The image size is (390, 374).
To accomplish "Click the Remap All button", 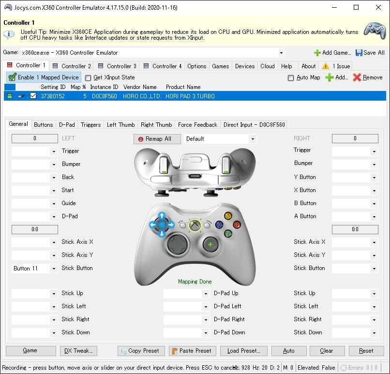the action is click(x=157, y=139).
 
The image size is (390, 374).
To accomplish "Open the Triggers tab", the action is click(x=91, y=124).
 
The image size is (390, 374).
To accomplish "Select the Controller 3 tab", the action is click(x=118, y=66).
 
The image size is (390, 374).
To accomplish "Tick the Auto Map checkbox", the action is click(x=290, y=78).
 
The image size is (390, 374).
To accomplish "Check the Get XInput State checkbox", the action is click(x=88, y=78).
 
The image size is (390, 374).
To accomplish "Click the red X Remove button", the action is click(x=368, y=77).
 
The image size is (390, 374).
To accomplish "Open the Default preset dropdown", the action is click(x=220, y=139).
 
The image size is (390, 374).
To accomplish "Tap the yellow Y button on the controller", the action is click(x=228, y=216).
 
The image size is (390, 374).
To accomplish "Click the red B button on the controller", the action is click(x=237, y=225).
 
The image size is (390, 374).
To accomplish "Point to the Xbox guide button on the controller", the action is click(x=195, y=225).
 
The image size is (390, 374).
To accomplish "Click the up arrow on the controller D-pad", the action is click(x=162, y=216).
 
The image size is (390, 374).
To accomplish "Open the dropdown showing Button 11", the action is click(x=34, y=269).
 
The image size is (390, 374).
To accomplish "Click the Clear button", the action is click(x=327, y=351).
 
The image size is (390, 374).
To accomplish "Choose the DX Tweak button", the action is click(x=78, y=351).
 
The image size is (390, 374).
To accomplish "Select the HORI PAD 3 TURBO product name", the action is click(x=190, y=96).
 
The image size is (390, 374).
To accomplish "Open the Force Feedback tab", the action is click(x=197, y=124).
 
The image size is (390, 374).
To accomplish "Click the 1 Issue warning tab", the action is click(x=336, y=66).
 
